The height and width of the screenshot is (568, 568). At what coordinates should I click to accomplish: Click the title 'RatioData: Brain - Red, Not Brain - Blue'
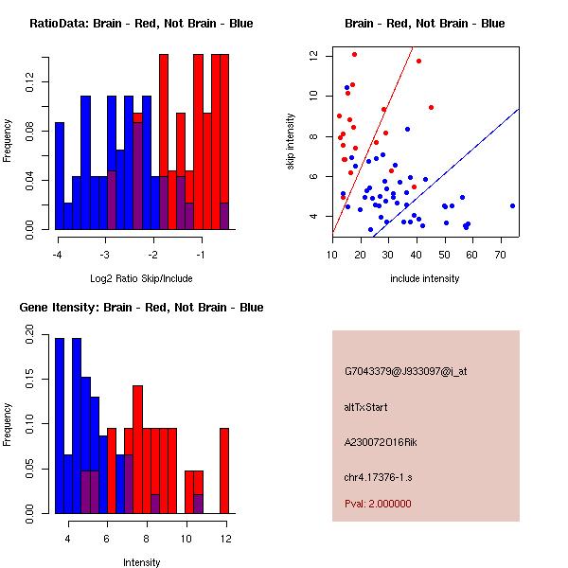pyautogui.click(x=140, y=23)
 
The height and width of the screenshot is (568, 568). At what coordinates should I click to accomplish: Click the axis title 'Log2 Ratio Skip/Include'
pyautogui.click(x=140, y=278)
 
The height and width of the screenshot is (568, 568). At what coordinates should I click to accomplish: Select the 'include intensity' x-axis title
pyautogui.click(x=424, y=278)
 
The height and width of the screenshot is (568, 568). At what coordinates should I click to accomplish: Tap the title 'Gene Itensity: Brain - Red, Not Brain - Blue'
pyautogui.click(x=140, y=307)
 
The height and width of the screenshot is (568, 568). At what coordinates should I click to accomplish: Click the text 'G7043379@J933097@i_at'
pyautogui.click(x=405, y=370)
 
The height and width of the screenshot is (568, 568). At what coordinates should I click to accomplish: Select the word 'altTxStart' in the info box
pyautogui.click(x=366, y=407)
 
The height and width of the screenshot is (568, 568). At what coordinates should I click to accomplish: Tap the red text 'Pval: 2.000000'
pyautogui.click(x=378, y=504)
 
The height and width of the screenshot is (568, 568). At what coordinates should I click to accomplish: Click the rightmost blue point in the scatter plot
pyautogui.click(x=512, y=205)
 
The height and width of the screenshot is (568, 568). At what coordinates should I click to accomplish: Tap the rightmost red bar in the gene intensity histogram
pyautogui.click(x=224, y=470)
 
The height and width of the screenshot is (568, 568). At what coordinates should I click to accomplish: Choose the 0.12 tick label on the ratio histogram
pyautogui.click(x=32, y=86)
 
